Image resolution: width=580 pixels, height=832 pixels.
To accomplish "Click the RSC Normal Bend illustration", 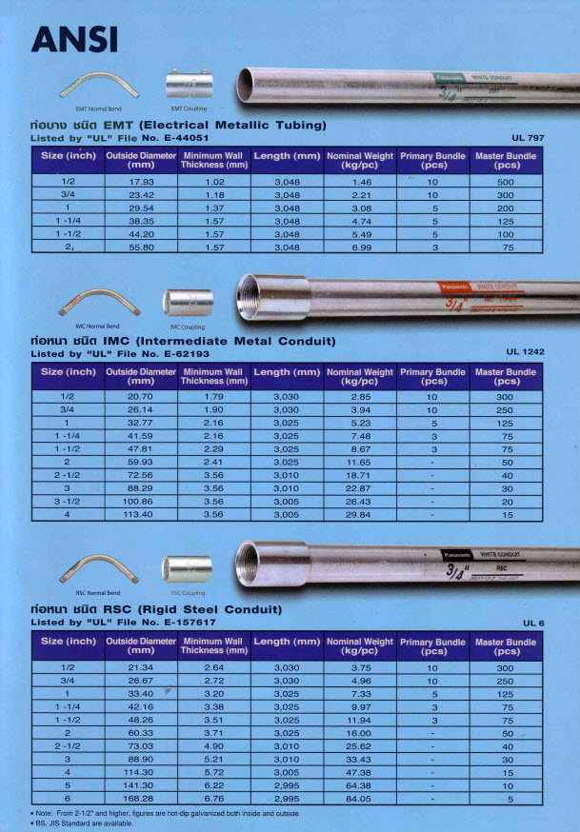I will (x=100, y=571).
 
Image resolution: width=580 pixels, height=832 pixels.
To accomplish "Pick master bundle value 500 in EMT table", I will (x=506, y=181).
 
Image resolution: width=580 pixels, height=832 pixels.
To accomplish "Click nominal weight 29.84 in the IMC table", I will (x=361, y=515).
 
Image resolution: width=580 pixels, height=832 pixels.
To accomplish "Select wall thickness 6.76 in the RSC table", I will (x=214, y=799).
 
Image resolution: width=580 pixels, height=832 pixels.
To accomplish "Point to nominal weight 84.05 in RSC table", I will (x=361, y=799).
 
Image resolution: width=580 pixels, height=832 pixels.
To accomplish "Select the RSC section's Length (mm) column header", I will (x=287, y=642).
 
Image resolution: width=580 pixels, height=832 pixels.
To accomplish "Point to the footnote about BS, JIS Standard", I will (x=81, y=824).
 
